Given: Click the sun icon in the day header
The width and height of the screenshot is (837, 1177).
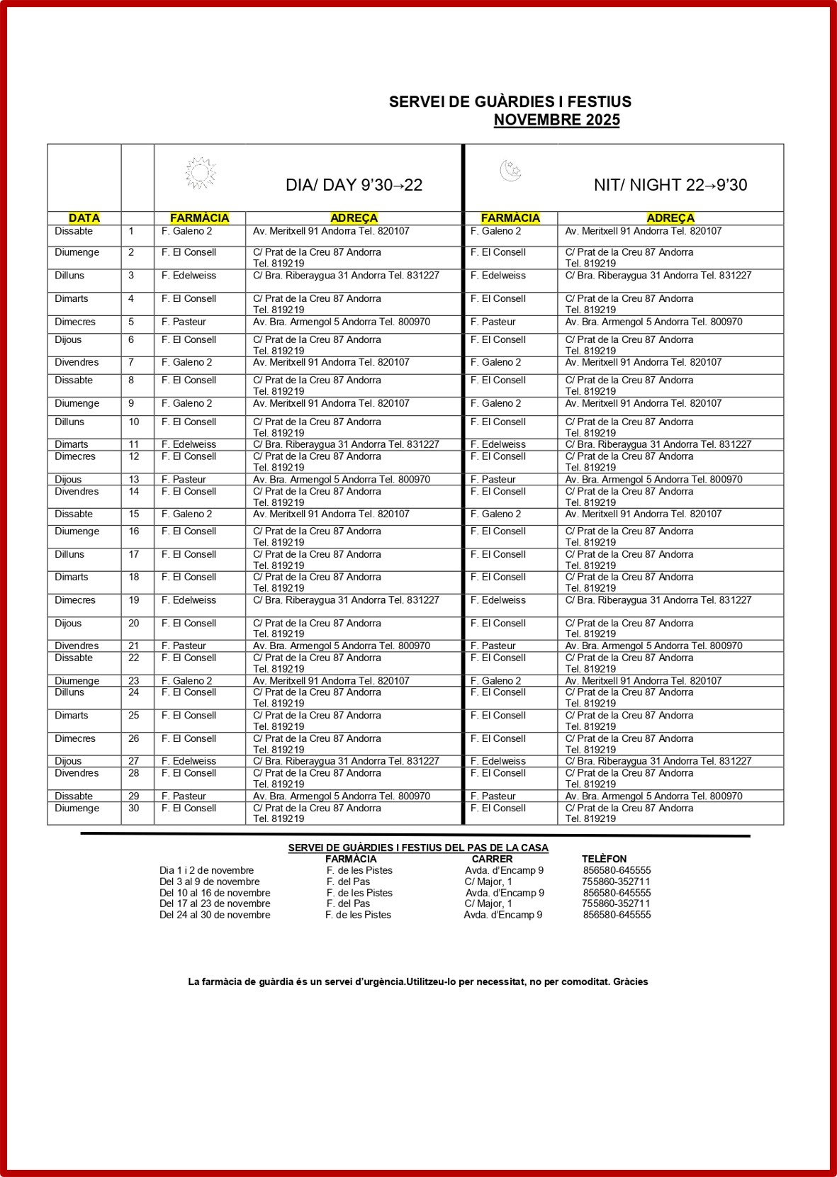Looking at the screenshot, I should [x=201, y=173].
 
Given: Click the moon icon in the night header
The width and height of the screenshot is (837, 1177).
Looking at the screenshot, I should [x=510, y=171].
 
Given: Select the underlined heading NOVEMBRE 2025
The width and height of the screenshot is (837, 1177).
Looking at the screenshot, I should [x=556, y=120].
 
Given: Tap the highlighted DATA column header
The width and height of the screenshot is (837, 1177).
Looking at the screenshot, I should [x=84, y=218].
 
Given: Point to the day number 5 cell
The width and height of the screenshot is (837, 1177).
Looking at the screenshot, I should [x=131, y=322].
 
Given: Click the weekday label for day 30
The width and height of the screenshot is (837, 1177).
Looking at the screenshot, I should [x=77, y=808].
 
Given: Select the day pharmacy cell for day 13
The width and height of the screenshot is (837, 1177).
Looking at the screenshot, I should [x=184, y=480].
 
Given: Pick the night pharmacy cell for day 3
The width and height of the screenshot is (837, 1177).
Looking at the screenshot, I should [x=499, y=276].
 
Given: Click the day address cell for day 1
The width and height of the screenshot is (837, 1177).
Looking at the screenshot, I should [x=331, y=231].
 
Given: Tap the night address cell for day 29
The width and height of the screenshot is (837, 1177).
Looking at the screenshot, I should [x=653, y=796].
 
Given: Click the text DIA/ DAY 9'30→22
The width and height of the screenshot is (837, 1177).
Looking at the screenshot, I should [x=354, y=185].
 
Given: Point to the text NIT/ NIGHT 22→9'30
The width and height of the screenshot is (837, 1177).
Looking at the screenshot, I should [x=670, y=185].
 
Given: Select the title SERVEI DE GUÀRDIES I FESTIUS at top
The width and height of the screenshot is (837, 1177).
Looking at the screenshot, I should [x=510, y=102].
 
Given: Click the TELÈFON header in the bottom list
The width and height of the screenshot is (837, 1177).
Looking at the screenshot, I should [x=604, y=859].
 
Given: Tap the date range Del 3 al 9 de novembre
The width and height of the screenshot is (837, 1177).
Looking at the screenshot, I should [x=209, y=882].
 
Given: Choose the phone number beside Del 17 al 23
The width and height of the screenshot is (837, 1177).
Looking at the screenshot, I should [x=616, y=903].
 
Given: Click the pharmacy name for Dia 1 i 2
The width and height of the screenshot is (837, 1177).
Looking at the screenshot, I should [x=359, y=870].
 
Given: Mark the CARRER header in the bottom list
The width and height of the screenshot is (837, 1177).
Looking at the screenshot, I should [x=492, y=859].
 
